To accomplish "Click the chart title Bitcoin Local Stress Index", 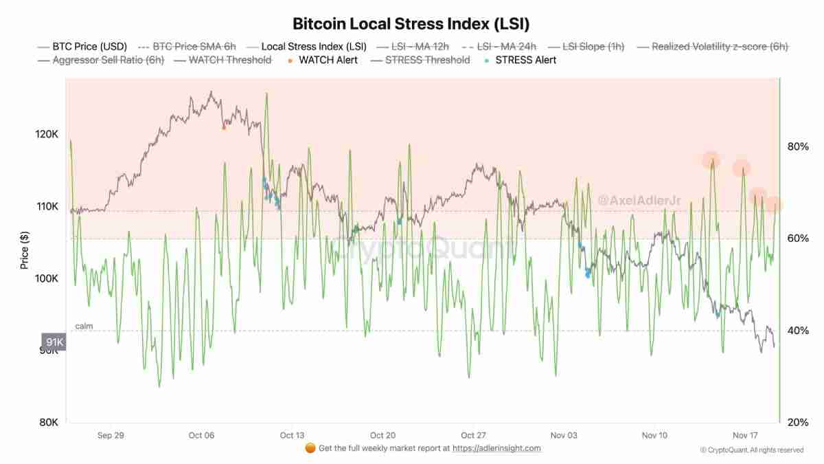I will coord(411,23).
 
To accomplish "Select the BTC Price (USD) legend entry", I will coord(90,47).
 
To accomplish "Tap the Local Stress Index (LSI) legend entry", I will coord(314,47).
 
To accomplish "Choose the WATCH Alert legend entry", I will coord(328,60).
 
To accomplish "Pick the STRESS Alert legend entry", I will coord(525,60).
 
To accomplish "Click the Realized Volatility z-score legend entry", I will coord(720,47).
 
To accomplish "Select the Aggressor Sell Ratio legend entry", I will coord(109,60).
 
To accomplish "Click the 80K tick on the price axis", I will coord(47,422).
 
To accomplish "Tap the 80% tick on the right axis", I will coord(797,146).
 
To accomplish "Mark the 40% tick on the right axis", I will coord(797,331).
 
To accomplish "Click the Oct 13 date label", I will coord(292,435).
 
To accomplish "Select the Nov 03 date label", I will coord(564,435).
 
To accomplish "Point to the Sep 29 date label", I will coord(111,435).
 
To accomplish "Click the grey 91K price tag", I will coord(54,342).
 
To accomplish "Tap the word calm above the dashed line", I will coord(84,326).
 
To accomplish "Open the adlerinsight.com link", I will coord(496,448).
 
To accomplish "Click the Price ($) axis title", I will coord(25,250).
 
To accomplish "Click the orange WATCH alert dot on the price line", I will coord(224,127).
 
